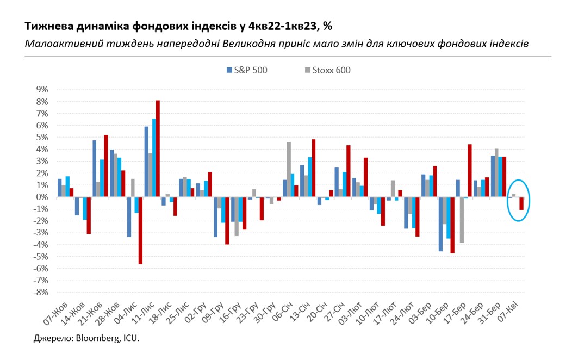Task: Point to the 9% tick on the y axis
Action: pos(42,90)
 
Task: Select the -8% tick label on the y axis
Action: pos(41,292)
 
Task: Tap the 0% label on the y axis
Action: pos(42,197)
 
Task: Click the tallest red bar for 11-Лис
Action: pos(158,148)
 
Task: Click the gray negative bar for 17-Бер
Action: pos(462,220)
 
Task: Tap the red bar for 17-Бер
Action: pos(469,170)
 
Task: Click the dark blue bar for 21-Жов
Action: pos(95,169)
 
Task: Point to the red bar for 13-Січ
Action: pos(314,168)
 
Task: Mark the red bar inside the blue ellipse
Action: pos(521,203)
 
